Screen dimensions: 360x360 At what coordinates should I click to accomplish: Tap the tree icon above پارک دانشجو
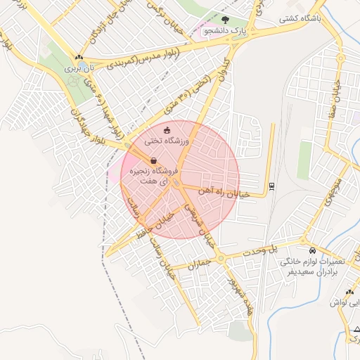(x=225, y=20)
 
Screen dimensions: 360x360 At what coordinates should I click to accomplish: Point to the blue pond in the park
(x=72, y=79)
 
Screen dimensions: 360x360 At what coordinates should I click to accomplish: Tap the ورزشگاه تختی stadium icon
(x=167, y=130)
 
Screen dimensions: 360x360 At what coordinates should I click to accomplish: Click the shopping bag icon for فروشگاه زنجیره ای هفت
(x=153, y=160)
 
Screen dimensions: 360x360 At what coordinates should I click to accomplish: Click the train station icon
(x=271, y=186)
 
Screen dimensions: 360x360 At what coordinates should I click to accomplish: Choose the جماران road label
(x=200, y=264)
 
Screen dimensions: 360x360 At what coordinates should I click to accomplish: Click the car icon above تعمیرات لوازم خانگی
(x=312, y=250)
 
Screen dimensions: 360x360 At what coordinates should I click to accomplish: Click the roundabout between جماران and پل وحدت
(x=221, y=258)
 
